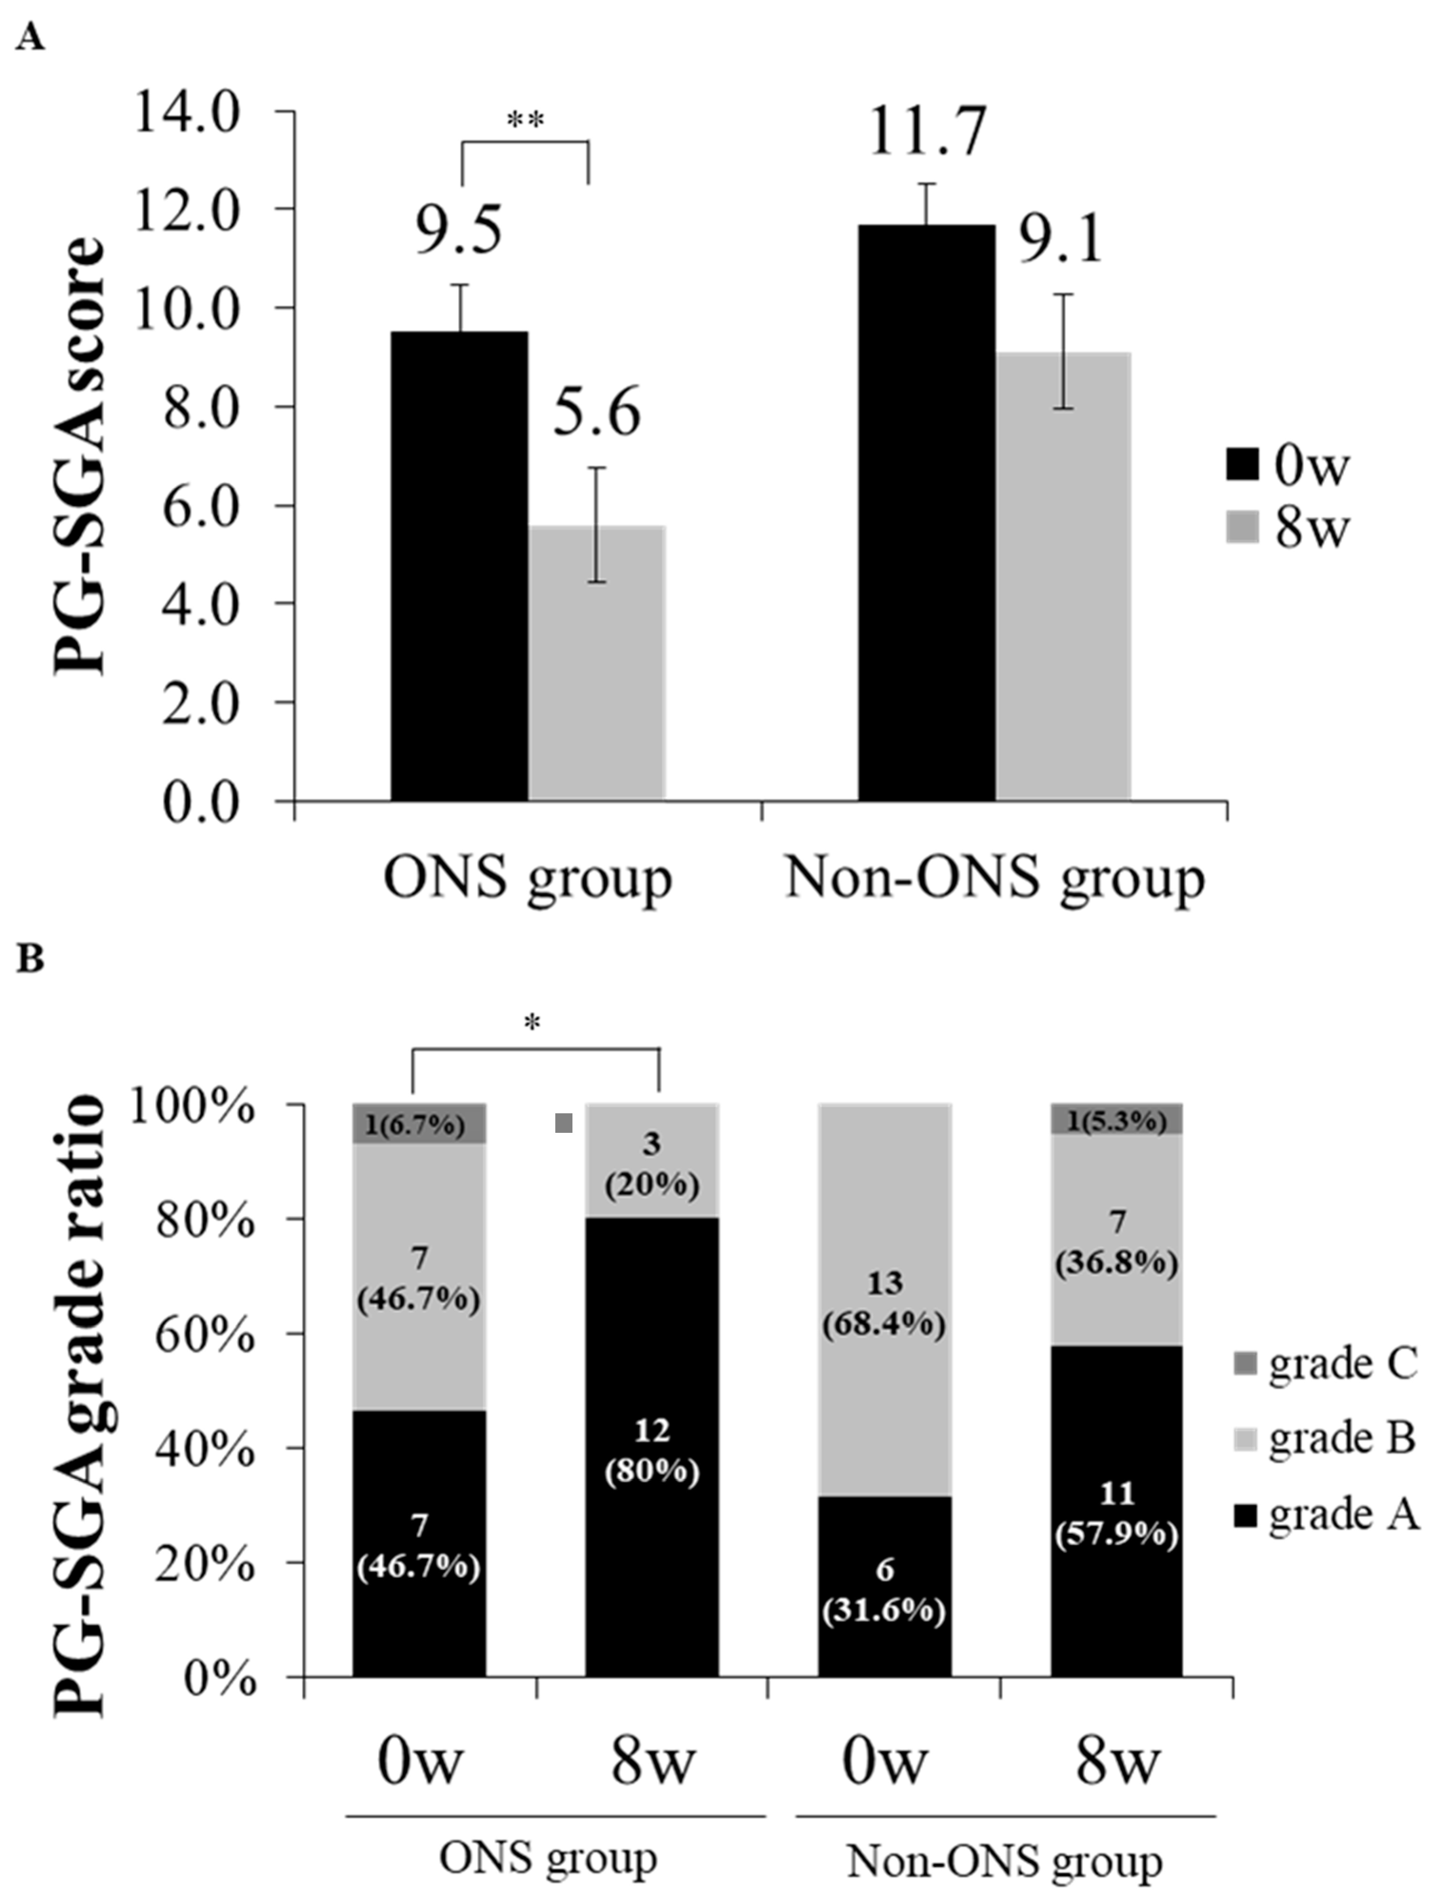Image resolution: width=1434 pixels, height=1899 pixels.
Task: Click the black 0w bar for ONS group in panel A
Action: tap(460, 567)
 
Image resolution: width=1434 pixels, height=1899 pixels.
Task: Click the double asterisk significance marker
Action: tap(525, 120)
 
